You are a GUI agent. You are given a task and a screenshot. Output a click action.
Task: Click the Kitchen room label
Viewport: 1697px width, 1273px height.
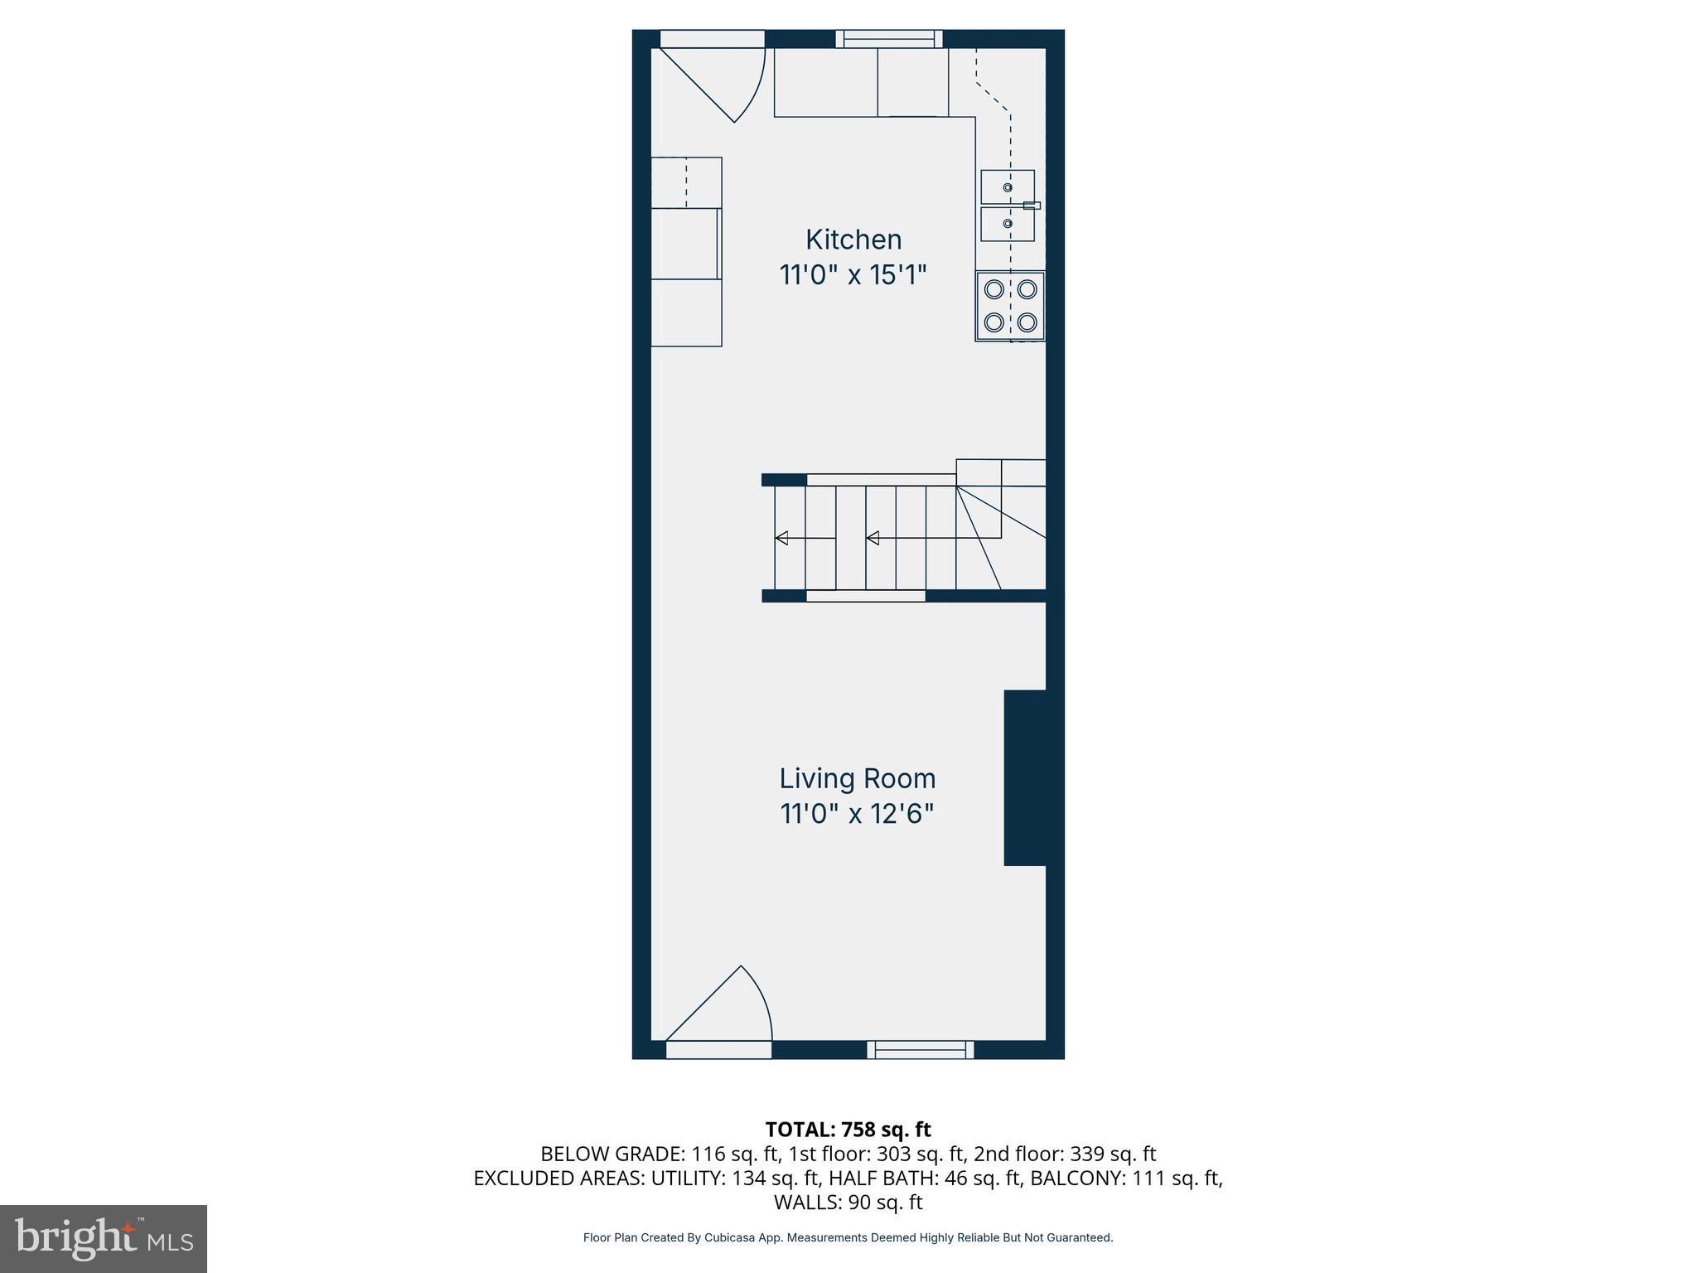tap(853, 240)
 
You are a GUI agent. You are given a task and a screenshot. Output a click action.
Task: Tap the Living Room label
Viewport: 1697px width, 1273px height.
tap(857, 778)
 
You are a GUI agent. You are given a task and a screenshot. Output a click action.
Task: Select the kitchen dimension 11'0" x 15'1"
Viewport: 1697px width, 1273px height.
tap(853, 275)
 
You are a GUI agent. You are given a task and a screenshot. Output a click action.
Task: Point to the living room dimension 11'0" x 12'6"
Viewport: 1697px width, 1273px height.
tap(857, 814)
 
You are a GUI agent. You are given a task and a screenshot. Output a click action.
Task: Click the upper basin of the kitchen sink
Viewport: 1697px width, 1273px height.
tap(1008, 187)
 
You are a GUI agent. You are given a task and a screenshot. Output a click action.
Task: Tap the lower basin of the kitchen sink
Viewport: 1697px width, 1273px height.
tap(1008, 224)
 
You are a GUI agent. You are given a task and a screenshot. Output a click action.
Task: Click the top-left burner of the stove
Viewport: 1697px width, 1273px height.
tap(994, 289)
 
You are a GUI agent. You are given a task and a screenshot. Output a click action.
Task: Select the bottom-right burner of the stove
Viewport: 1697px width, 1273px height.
tap(1027, 322)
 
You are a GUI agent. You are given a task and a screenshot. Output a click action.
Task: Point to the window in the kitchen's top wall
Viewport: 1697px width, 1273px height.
tap(889, 38)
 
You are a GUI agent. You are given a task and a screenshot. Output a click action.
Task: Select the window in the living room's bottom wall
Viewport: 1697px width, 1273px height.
tap(921, 1050)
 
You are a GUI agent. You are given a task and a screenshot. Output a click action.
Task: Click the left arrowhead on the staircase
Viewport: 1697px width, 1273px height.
tap(781, 539)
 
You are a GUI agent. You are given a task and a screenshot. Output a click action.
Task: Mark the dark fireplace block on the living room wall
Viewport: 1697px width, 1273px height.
tap(1025, 777)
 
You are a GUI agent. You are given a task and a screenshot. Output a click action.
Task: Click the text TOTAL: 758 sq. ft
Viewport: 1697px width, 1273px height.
tap(848, 1130)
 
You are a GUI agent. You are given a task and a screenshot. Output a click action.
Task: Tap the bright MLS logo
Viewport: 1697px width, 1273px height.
tap(104, 1238)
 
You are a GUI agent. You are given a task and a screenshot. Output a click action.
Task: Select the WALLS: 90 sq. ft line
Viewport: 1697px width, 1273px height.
tap(848, 1202)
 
